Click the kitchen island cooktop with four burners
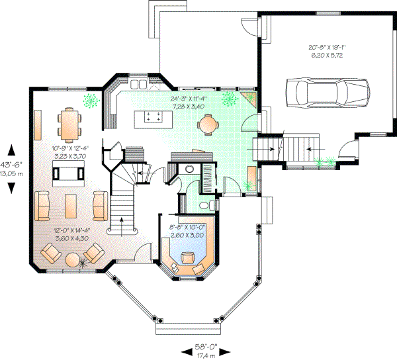(154, 117)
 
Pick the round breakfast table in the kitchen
(208, 124)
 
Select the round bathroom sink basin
(189, 169)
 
